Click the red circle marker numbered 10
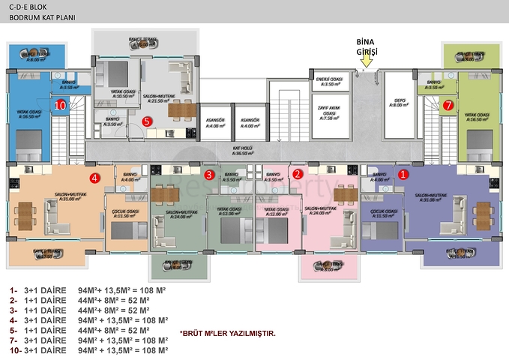click(61, 106)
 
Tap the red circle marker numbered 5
click(147, 120)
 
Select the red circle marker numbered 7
click(448, 106)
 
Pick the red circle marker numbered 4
click(94, 178)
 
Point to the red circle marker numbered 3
click(210, 175)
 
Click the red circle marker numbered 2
click(298, 174)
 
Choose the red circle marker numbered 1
click(403, 174)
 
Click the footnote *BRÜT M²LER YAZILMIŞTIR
click(229, 332)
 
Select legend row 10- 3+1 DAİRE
click(88, 349)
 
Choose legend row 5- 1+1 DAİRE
click(88, 330)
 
